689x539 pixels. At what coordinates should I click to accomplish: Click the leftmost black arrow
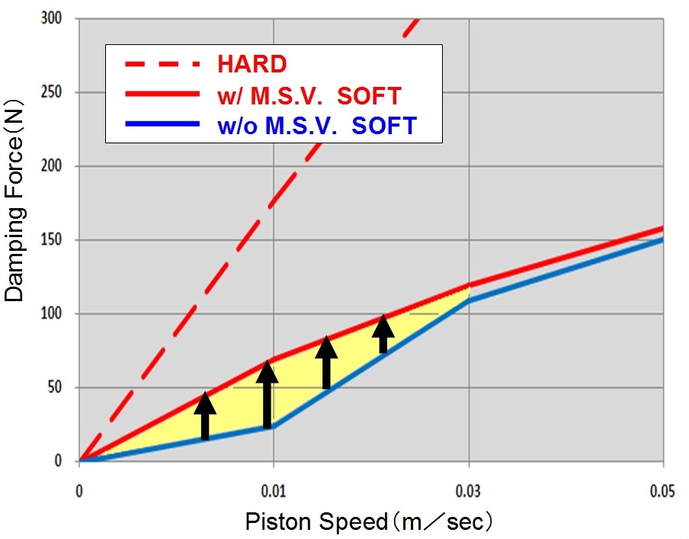pyautogui.click(x=204, y=415)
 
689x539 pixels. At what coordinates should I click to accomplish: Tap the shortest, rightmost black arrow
pyautogui.click(x=383, y=334)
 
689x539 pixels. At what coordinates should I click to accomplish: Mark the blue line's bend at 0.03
pyautogui.click(x=469, y=300)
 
